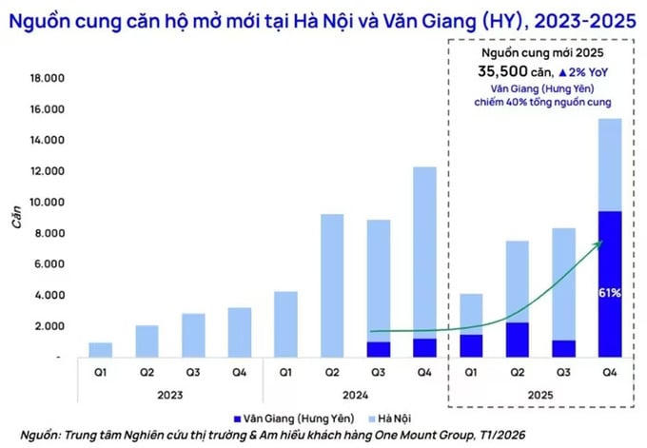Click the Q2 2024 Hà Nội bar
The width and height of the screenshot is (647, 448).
tap(331, 285)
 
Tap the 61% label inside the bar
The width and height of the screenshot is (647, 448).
tap(610, 293)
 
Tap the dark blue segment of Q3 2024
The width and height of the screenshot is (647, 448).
tap(378, 349)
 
